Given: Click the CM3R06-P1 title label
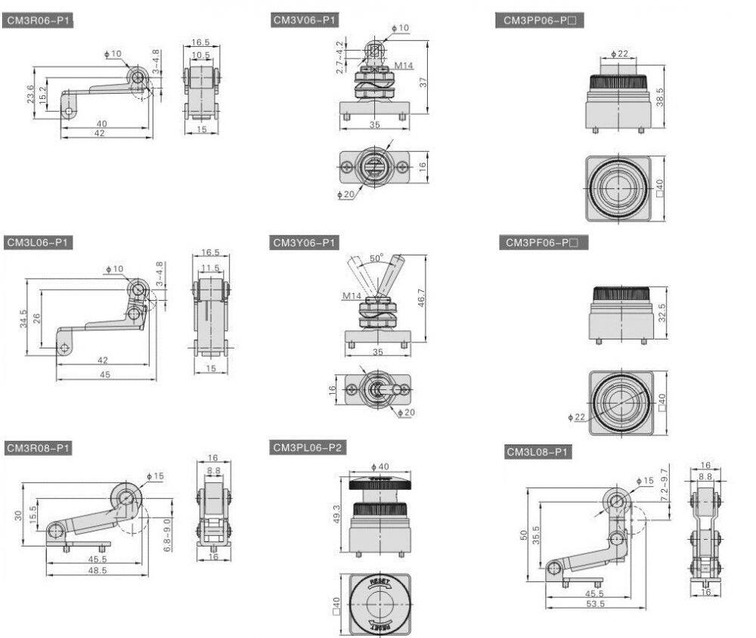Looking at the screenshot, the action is tap(38, 20).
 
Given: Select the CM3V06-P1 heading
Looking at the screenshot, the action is tap(304, 20).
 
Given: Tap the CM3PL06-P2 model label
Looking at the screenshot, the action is tap(307, 448).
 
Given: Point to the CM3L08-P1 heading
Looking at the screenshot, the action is tap(537, 452).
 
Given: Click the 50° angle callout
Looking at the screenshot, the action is tap(376, 258).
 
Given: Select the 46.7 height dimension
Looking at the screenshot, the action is tap(421, 298).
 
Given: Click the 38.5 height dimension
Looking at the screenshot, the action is tap(660, 97).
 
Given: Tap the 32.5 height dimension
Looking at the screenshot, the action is tap(662, 313).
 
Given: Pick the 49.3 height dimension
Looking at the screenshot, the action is tap(336, 513).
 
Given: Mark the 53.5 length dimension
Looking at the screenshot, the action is tap(595, 604).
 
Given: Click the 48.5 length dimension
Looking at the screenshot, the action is tap(98, 571).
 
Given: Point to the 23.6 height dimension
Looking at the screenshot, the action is tap(30, 94).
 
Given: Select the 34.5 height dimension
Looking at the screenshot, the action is tap(23, 319).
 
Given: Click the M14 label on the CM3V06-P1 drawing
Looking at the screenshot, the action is tap(404, 66).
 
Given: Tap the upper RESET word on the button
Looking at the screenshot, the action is tap(379, 582).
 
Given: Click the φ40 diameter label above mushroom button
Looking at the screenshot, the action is tap(380, 466).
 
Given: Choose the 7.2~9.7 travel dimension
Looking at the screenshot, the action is tap(665, 485).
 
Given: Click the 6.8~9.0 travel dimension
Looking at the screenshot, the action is tap(167, 534).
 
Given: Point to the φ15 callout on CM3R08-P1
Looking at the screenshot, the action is tap(155, 476).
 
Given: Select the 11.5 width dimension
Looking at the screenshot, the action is tap(210, 268).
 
